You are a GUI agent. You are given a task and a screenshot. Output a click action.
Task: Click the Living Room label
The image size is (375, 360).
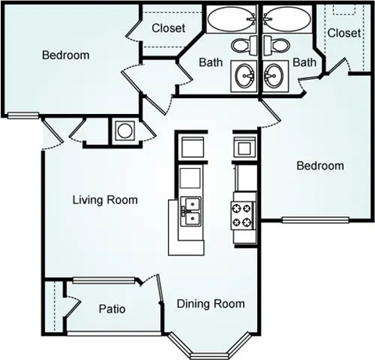[105, 200]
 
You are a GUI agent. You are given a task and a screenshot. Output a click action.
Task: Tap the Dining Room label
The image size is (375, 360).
[210, 304]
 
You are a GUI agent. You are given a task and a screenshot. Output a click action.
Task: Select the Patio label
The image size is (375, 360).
[112, 308]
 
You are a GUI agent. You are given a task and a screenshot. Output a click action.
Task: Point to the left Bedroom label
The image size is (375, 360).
[65, 55]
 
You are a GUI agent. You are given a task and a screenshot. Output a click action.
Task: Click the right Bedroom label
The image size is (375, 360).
[320, 166]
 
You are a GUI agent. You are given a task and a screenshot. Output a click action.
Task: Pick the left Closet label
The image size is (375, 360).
[167, 27]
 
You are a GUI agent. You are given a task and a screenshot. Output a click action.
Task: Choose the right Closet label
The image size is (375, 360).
[344, 33]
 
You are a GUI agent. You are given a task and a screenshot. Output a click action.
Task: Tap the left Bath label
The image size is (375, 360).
[211, 61]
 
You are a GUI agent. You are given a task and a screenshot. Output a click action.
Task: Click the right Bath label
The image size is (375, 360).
[304, 61]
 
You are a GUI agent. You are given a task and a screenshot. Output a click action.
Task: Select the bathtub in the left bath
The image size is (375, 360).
[232, 17]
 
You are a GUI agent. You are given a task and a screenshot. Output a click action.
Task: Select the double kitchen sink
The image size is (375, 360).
[191, 209]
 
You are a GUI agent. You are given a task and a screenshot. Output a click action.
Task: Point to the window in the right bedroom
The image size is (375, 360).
[312, 219]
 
